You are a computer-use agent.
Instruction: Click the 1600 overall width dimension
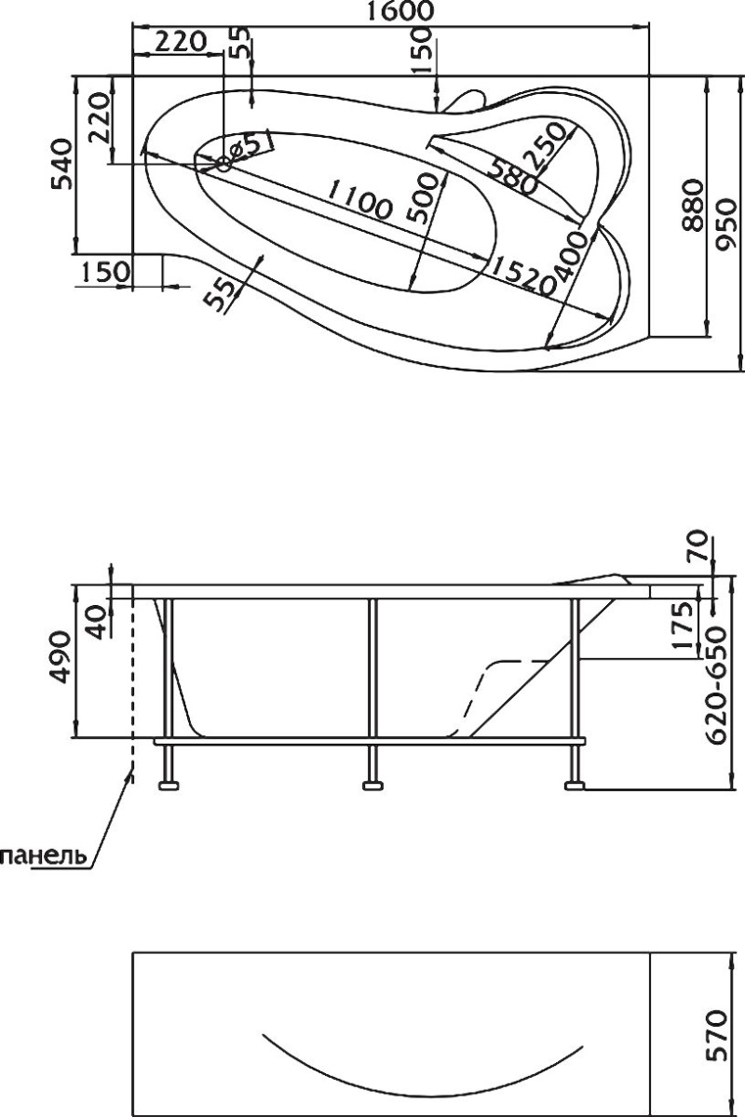pyautogui.click(x=400, y=11)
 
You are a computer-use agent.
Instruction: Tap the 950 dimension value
pyautogui.click(x=725, y=224)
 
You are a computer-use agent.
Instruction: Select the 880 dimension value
pyautogui.click(x=693, y=206)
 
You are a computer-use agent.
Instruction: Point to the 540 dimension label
pyautogui.click(x=62, y=165)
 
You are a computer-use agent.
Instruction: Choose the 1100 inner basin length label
pyautogui.click(x=359, y=199)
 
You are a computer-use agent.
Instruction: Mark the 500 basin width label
pyautogui.click(x=422, y=197)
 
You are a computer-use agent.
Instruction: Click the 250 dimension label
pyautogui.click(x=548, y=145)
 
